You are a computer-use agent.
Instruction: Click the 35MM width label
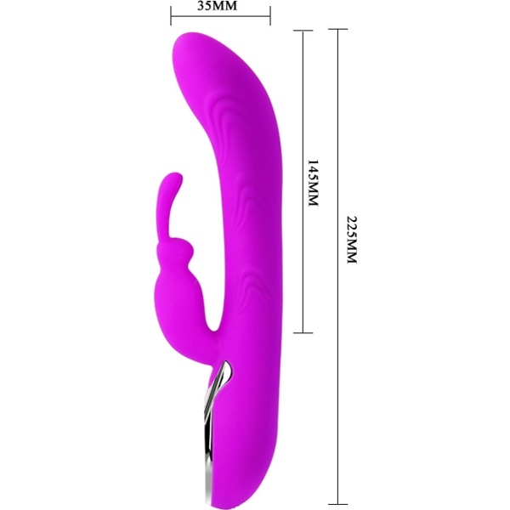click(x=218, y=6)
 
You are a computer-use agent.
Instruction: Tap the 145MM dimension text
click(x=313, y=182)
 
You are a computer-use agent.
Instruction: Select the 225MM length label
click(x=352, y=240)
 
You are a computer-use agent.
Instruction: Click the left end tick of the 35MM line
click(x=171, y=15)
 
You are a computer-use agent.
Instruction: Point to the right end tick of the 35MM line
click(x=270, y=15)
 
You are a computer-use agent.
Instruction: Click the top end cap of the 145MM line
click(x=303, y=31)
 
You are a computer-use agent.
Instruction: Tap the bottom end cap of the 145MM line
click(x=303, y=332)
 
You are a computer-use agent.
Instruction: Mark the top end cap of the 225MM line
click(x=338, y=29)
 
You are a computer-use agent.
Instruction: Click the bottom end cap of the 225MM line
click(x=338, y=504)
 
